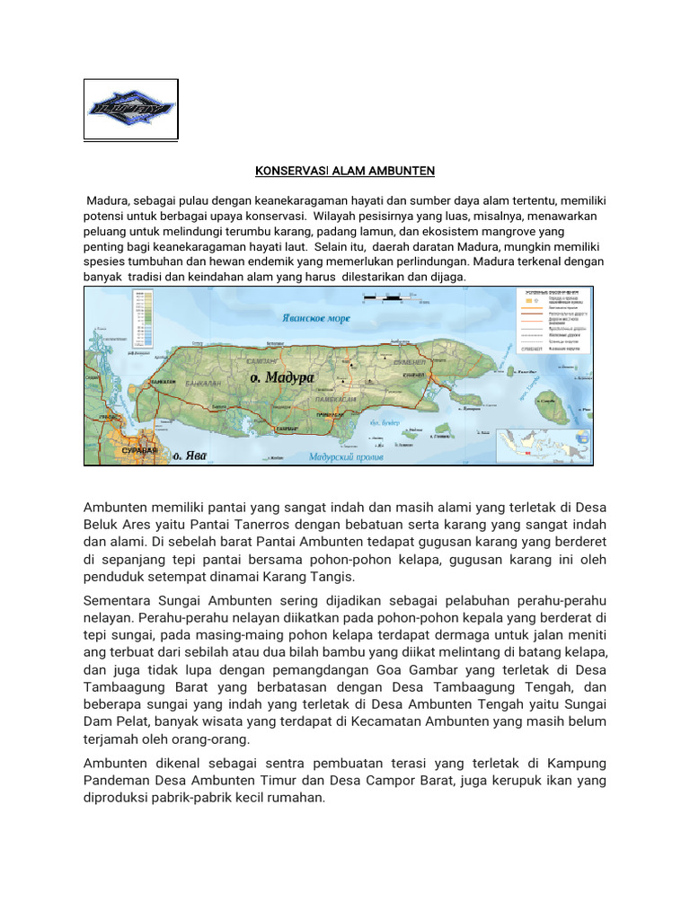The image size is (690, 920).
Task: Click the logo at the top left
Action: pos(131,110)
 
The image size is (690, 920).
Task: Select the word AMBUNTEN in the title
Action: pos(377,171)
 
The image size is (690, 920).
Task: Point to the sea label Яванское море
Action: pos(314,318)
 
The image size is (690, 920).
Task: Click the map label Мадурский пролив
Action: pos(346,457)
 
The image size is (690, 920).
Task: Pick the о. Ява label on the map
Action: pos(190,456)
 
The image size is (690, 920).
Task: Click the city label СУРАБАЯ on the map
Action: pos(139,449)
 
